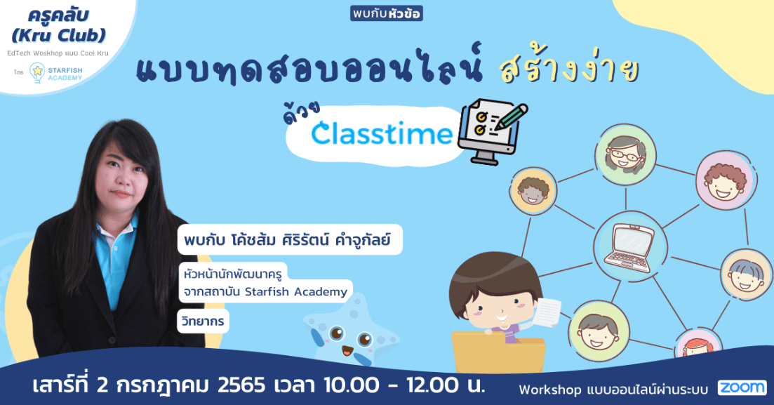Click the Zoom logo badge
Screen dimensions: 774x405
pyautogui.click(x=742, y=387)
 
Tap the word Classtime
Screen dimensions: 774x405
pyautogui.click(x=382, y=133)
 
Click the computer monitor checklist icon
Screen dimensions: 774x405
pyautogui.click(x=492, y=131)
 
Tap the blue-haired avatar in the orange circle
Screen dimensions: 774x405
pyautogui.click(x=745, y=276)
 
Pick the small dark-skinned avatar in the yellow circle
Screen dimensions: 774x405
pyautogui.click(x=533, y=190)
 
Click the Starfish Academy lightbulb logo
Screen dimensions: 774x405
pyautogui.click(x=37, y=72)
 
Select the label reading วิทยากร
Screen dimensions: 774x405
pyautogui.click(x=203, y=321)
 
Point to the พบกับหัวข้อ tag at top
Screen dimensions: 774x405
pyautogui.click(x=387, y=13)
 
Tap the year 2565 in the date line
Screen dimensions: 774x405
pyautogui.click(x=241, y=385)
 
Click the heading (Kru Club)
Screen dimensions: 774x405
pyautogui.click(x=59, y=35)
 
